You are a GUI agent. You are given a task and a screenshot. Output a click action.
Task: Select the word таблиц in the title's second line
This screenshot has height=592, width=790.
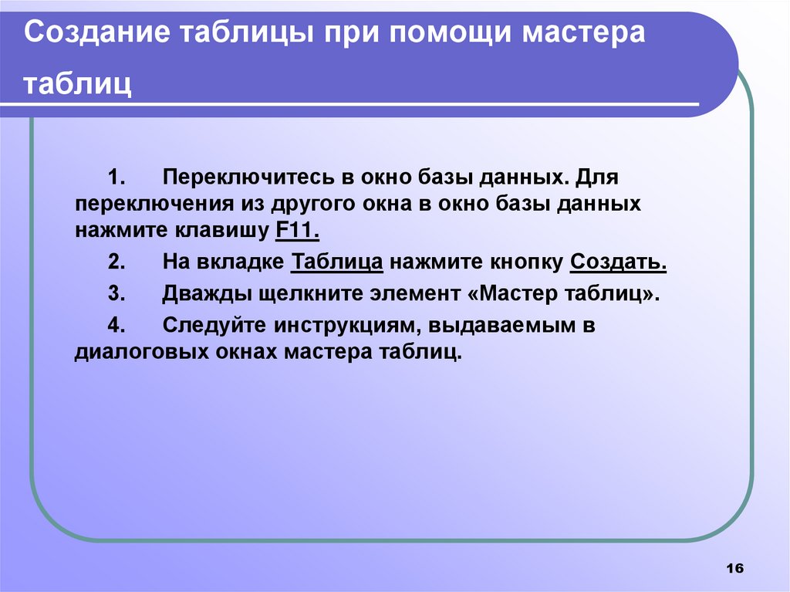point(77,84)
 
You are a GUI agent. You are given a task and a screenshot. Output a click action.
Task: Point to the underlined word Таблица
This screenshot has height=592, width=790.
point(338,262)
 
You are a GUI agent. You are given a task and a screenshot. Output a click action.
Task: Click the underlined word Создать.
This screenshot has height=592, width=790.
point(618,262)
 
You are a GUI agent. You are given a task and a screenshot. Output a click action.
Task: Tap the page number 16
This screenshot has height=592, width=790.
point(734,569)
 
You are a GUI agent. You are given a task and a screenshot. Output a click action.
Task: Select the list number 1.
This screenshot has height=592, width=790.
point(116,178)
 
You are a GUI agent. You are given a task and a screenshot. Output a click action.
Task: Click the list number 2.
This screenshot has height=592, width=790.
point(116,262)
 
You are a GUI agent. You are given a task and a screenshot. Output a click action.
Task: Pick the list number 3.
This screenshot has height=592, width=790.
point(116,294)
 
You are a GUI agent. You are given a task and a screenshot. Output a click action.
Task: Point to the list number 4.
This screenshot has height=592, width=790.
point(116,326)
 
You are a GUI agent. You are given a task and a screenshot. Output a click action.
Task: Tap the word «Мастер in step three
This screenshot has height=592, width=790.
point(513,294)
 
